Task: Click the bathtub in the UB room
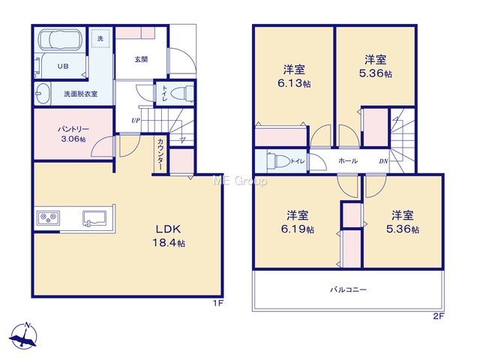tap(61, 40)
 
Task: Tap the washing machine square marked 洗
tap(100, 38)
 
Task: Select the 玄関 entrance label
tap(141, 59)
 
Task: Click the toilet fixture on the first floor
tap(181, 92)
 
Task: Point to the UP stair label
tap(136, 120)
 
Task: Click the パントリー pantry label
tap(73, 129)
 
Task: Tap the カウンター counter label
tap(160, 154)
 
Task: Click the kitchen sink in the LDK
tap(94, 218)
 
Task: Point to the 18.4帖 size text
tap(169, 243)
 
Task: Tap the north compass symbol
tap(23, 336)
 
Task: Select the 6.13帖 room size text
tap(294, 83)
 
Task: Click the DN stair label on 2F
tap(383, 161)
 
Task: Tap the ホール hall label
tap(348, 160)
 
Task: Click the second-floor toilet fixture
tap(278, 160)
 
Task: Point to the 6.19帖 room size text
tap(298, 229)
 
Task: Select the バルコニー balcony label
tap(348, 289)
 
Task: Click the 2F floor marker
tap(438, 316)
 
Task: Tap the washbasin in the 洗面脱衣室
tap(42, 93)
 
